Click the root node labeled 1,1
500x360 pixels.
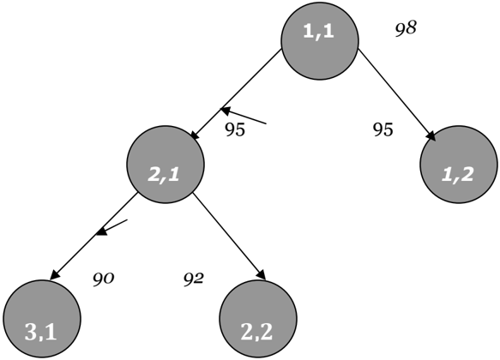click(320, 41)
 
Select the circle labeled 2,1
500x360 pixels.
click(166, 165)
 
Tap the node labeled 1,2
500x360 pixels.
click(459, 165)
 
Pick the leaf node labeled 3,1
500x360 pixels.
click(42, 319)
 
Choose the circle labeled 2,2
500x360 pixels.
click(258, 319)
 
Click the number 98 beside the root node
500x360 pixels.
click(406, 28)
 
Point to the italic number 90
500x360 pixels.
click(103, 279)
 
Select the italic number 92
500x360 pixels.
click(193, 279)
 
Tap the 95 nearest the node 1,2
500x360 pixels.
click(383, 129)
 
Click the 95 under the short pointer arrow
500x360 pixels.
click(235, 129)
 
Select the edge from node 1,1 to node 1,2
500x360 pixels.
click(397, 94)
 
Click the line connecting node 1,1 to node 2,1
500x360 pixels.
click(237, 94)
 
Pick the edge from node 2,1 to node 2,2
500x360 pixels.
click(229, 237)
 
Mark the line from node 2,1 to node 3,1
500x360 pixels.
click(93, 237)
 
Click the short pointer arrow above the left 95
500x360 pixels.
click(244, 116)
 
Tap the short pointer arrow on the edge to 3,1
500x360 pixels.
click(111, 228)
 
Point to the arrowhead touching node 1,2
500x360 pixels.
click(431, 136)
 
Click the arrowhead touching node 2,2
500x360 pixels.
click(262, 275)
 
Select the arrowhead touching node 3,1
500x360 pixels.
click(54, 276)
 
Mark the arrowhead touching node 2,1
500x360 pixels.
click(195, 135)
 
